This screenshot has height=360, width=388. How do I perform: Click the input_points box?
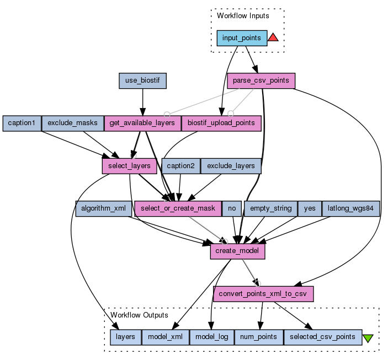(x=241, y=38)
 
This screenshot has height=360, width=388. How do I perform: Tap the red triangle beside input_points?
(x=273, y=38)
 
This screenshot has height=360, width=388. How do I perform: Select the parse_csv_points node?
(x=261, y=80)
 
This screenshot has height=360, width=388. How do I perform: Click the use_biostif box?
(x=143, y=81)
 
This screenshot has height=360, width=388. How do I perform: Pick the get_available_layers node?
(x=142, y=123)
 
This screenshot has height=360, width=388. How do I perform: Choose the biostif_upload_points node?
(x=221, y=123)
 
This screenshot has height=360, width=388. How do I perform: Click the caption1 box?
(x=22, y=123)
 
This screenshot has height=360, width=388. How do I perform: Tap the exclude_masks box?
(x=72, y=123)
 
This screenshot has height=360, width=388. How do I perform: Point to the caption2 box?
(x=181, y=165)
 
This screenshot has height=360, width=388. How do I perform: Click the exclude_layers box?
(x=231, y=165)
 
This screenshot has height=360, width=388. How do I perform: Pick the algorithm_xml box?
(x=103, y=208)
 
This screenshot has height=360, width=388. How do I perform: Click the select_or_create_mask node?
(x=178, y=208)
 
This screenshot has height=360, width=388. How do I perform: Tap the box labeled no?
(x=232, y=208)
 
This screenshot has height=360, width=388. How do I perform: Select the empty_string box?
(x=270, y=208)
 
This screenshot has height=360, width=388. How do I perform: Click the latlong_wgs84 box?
(x=351, y=208)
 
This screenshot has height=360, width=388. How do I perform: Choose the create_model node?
(x=238, y=251)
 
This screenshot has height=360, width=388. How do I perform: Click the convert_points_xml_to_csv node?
(x=263, y=293)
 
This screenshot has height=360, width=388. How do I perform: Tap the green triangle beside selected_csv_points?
(x=368, y=338)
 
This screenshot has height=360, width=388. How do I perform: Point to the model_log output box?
(x=212, y=337)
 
